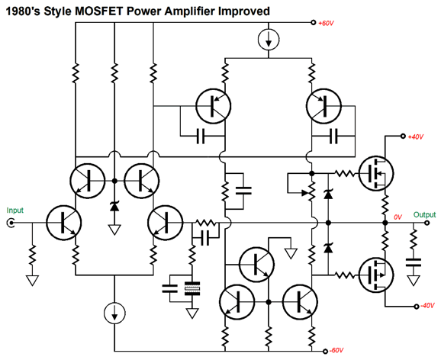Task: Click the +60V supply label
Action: pos(326,23)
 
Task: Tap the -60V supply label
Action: pos(336,350)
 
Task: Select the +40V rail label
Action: pos(415,137)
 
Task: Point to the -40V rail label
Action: pos(427,306)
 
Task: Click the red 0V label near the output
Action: pos(398,217)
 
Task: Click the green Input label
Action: pos(15,211)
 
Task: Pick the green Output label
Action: pos(424,215)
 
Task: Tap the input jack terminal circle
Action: pos(11,223)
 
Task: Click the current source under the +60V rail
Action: pos(269,40)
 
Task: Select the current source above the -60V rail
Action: pos(114,313)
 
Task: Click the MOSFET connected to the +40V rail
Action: pos(376,174)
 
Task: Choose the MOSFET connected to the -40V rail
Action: pos(376,275)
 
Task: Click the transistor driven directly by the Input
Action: pos(64,223)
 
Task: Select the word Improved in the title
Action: pos(244,11)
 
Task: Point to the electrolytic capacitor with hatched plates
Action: pos(192,288)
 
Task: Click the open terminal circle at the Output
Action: pos(427,223)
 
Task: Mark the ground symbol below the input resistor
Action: pos(32,281)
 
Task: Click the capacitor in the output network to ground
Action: pos(414,262)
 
